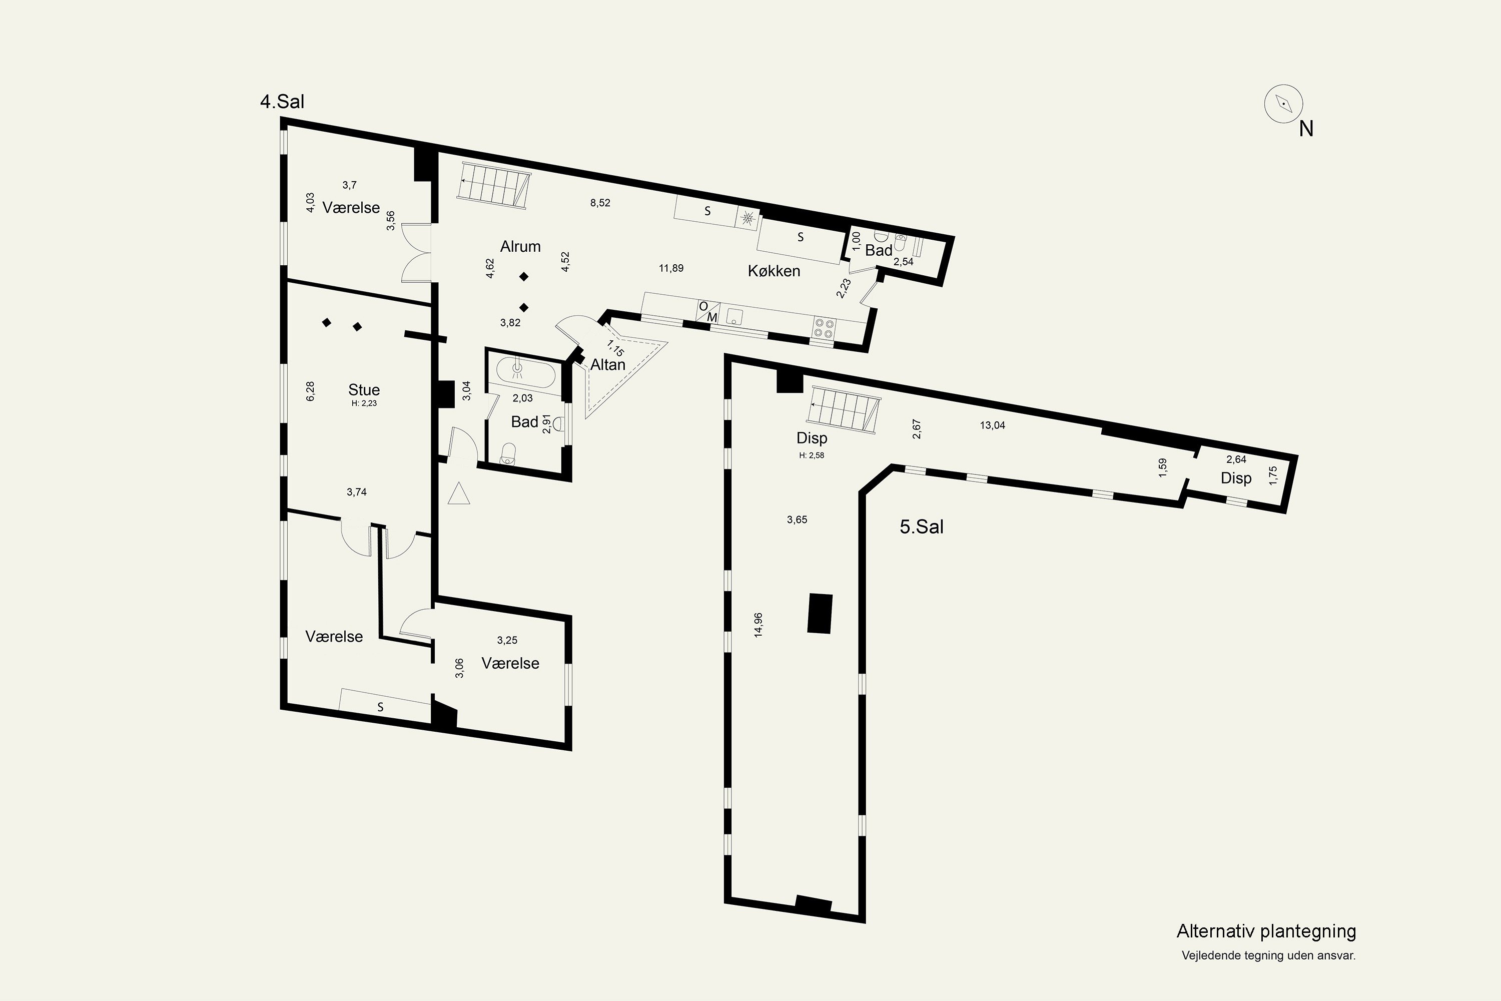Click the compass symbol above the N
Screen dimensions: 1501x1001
tap(1283, 104)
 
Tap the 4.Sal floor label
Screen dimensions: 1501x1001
tap(282, 102)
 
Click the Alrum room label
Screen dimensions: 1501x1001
tap(520, 246)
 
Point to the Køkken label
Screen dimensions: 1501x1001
tap(774, 271)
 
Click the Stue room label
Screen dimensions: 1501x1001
tap(364, 389)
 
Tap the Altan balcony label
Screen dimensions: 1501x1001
tap(607, 364)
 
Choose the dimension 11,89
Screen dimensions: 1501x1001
tap(671, 268)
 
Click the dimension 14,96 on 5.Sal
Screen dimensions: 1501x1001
tap(758, 625)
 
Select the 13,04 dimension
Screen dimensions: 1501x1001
tap(992, 425)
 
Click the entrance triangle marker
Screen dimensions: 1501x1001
tap(459, 494)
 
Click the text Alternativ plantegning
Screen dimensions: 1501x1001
tap(1266, 931)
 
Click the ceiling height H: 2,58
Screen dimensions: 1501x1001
tap(812, 455)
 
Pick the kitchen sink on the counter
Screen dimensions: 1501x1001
tap(735, 317)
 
